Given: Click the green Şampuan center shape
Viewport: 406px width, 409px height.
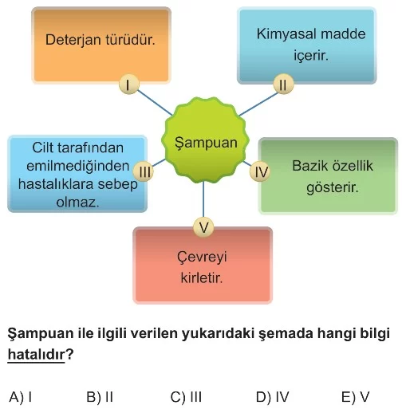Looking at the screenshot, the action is pos(205,140).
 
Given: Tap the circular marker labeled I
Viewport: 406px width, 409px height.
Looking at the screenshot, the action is pos(129,85).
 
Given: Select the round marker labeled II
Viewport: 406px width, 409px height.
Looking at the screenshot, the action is pos(283,85).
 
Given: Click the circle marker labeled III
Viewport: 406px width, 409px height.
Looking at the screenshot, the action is pos(144,171).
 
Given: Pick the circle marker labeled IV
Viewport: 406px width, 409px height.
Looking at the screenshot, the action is pos(260,171).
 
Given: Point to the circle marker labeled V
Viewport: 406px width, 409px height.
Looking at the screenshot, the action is pos(203,227).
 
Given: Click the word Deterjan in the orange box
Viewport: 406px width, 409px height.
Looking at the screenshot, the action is pos(73,41).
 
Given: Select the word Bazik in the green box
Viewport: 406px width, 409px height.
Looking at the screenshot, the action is pos(309,166).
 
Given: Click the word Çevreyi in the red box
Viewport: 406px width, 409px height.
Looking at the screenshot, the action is pos(202,258).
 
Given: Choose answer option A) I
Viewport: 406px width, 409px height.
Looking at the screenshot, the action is pos(21,397).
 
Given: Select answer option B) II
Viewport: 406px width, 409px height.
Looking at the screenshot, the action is pos(100,397).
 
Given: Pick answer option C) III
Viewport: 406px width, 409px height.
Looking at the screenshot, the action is pos(186,397).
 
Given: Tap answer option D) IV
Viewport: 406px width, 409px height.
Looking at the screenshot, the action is pos(272,397).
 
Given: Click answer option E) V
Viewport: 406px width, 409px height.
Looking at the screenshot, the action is pos(355,397).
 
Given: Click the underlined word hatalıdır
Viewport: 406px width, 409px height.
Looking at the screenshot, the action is pos(36,355).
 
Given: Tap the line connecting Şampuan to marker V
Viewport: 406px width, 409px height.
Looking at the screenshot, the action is pos(203,199).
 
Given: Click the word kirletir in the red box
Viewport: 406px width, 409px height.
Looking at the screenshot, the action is pos(202,278).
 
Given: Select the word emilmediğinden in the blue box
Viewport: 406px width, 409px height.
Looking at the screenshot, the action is pos(78,167).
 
